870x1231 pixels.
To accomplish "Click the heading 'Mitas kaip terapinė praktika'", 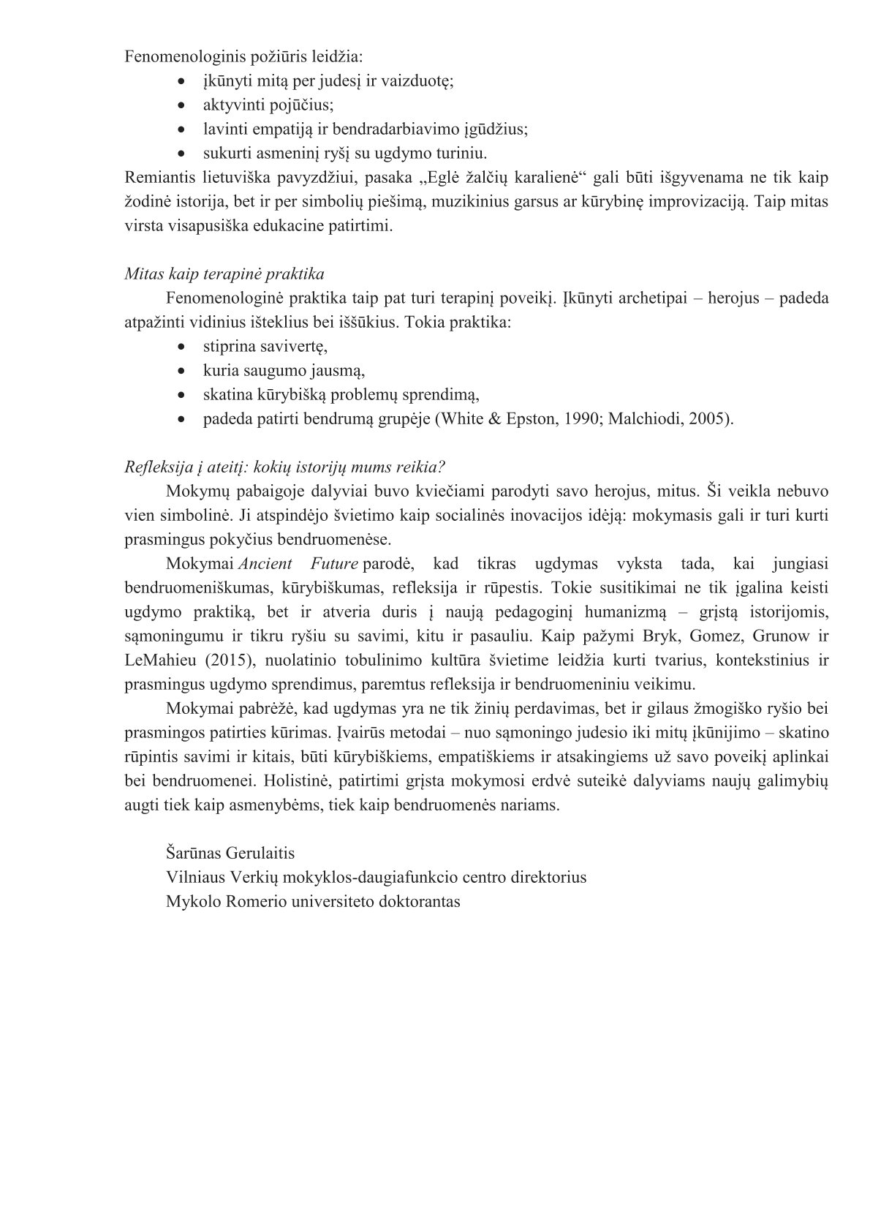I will [224, 274].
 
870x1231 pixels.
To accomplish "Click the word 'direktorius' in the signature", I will [548, 877].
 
